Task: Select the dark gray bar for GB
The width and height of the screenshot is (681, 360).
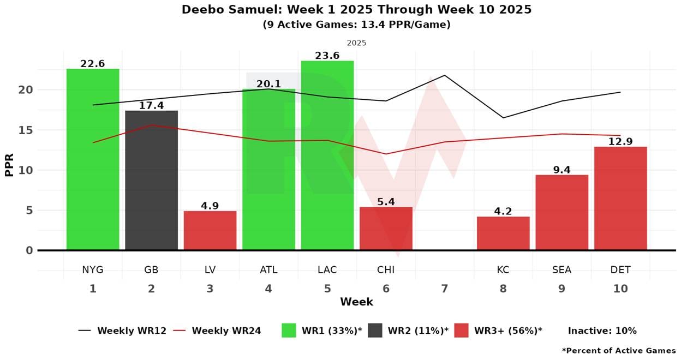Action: [x=151, y=180]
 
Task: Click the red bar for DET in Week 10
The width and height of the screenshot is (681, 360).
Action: [x=620, y=199]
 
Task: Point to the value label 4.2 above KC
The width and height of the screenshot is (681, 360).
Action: [x=503, y=211]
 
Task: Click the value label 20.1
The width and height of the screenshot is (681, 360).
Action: [x=268, y=84]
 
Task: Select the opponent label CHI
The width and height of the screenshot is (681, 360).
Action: [x=386, y=270]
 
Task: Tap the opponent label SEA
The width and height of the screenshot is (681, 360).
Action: [x=561, y=270]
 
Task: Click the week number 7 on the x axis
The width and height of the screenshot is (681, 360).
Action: [x=445, y=289]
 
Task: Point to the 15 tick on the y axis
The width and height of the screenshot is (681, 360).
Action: [x=26, y=130]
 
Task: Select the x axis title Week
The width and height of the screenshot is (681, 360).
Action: [x=356, y=302]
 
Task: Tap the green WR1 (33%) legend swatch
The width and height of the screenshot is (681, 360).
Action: [x=289, y=331]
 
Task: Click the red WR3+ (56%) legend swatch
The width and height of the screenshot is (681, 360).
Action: [x=461, y=331]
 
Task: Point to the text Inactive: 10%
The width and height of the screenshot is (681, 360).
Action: [x=602, y=331]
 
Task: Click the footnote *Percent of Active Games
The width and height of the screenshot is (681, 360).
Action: [x=618, y=351]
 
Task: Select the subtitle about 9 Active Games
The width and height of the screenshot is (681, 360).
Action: [x=356, y=25]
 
